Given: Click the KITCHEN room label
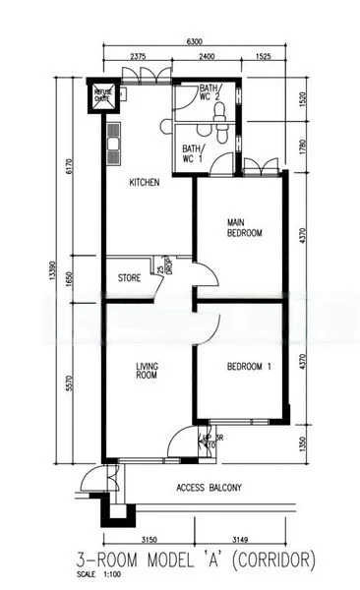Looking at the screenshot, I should [x=145, y=182].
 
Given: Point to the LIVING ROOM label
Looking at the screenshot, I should [x=147, y=371].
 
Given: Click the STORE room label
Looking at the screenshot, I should [x=129, y=278].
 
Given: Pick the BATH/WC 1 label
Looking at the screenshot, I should [x=193, y=153].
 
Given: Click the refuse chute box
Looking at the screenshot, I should [x=103, y=95].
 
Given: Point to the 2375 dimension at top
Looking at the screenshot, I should [x=137, y=57].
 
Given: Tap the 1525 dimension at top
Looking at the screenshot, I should [x=263, y=57].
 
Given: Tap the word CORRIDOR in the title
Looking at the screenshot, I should [x=270, y=560].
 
